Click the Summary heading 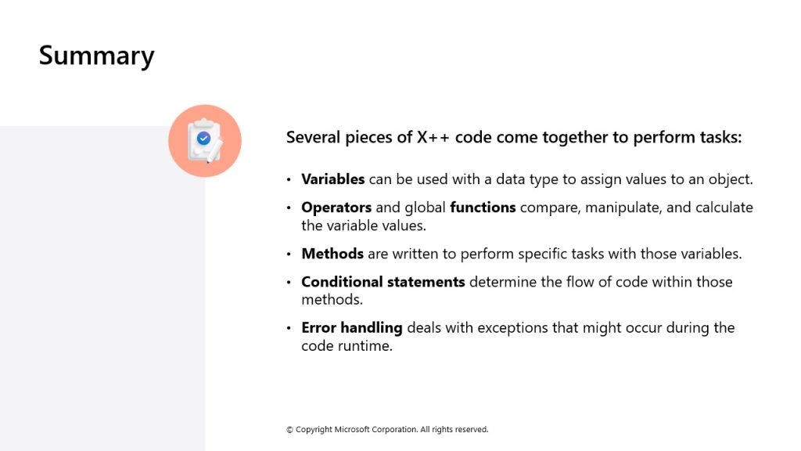click(96, 56)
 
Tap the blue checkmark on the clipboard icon click(203, 138)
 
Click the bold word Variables click(333, 179)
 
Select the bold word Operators click(336, 207)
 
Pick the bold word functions click(483, 207)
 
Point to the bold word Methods click(332, 254)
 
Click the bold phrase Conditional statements click(383, 282)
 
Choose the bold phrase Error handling click(352, 328)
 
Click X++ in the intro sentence click(433, 137)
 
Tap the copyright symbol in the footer click(289, 430)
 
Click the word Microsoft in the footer click(352, 430)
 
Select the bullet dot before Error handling click(289, 328)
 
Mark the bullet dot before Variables click(289, 179)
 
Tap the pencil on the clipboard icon click(214, 151)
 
